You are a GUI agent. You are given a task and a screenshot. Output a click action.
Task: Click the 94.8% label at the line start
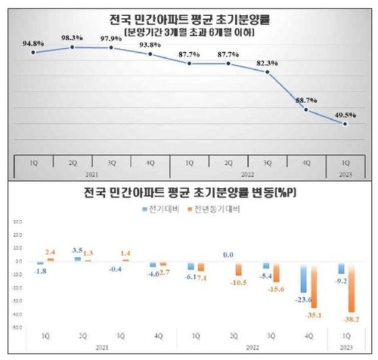point(33,42)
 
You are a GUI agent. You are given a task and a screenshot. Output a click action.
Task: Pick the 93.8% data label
point(150,43)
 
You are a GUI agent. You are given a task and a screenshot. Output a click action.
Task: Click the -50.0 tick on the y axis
point(15,327)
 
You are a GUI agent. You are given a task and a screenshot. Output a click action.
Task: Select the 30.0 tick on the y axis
point(15,222)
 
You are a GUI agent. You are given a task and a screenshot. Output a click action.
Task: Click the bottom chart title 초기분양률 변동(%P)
point(189,192)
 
